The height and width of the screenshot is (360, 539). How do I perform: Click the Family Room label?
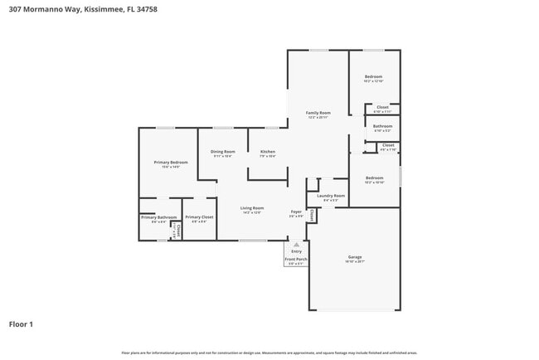pyautogui.click(x=318, y=112)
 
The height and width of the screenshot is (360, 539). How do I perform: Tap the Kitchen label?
pyautogui.click(x=268, y=151)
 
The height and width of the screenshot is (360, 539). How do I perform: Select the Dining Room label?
pyautogui.click(x=222, y=151)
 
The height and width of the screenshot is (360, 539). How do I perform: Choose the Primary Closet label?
pyautogui.click(x=199, y=217)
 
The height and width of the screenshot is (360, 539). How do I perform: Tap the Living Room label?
pyautogui.click(x=252, y=207)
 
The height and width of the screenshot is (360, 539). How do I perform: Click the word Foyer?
pyautogui.click(x=296, y=212)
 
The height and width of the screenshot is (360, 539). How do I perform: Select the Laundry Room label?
pyautogui.click(x=330, y=196)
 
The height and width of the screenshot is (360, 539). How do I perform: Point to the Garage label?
pyautogui.click(x=355, y=257)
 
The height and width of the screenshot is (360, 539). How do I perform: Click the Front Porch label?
pyautogui.click(x=296, y=260)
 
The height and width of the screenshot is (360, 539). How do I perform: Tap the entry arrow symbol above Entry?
pyautogui.click(x=296, y=245)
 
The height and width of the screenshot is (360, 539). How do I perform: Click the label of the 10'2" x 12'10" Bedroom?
pyautogui.click(x=374, y=76)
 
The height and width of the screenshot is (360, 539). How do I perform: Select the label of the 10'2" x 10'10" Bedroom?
pyautogui.click(x=374, y=178)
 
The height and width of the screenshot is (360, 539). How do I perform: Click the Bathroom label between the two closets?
pyautogui.click(x=382, y=126)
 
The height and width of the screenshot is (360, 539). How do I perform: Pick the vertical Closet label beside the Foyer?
pyautogui.click(x=312, y=214)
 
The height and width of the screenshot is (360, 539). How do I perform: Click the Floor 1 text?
pyautogui.click(x=21, y=324)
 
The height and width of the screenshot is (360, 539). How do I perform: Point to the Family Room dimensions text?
pyautogui.click(x=318, y=117)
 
